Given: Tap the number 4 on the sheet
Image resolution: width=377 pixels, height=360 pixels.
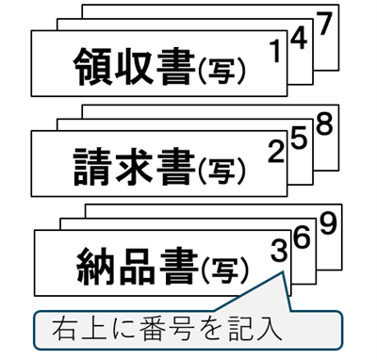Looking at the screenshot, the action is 300,40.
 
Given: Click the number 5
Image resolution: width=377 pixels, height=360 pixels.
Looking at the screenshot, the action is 300,138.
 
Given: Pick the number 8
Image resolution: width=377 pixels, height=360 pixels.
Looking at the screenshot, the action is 325,123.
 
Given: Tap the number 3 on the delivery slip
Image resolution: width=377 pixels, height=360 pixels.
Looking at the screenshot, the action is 278,251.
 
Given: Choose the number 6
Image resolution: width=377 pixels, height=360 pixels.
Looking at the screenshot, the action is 302,237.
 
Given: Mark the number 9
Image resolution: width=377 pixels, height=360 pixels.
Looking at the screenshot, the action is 326,223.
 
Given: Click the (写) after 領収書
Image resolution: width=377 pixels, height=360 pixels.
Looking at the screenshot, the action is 223,69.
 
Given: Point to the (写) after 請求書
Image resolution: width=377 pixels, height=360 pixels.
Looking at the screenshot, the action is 223,170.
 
